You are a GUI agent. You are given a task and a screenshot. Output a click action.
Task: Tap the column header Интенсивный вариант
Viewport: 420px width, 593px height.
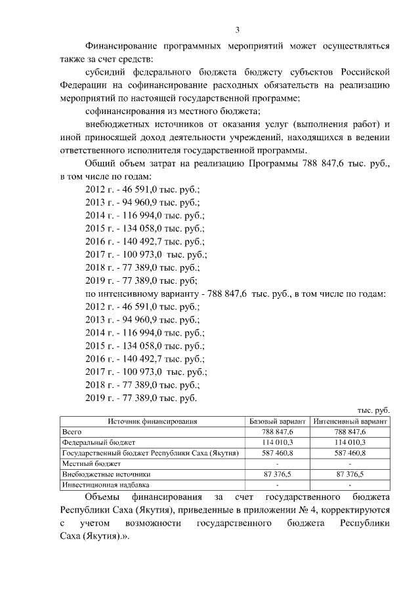[x=350, y=421]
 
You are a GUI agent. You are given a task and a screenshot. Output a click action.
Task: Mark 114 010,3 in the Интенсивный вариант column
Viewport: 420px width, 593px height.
[x=350, y=442]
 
